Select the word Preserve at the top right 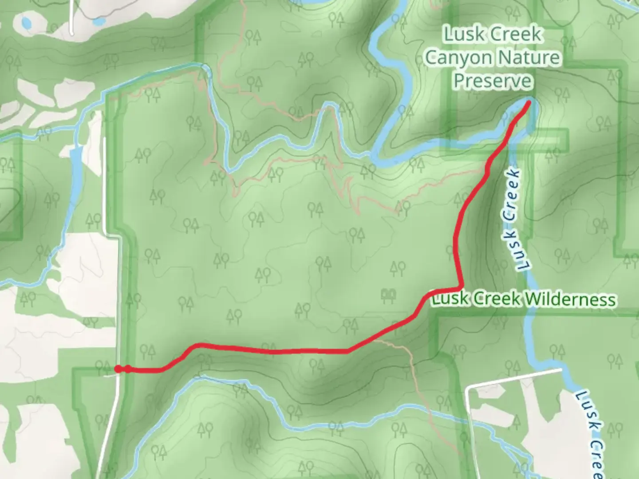[x=493, y=81]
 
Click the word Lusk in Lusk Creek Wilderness [x=450, y=299]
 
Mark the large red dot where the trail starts [x=118, y=369]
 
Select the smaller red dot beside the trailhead [x=128, y=369]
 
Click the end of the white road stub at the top [x=72, y=32]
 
